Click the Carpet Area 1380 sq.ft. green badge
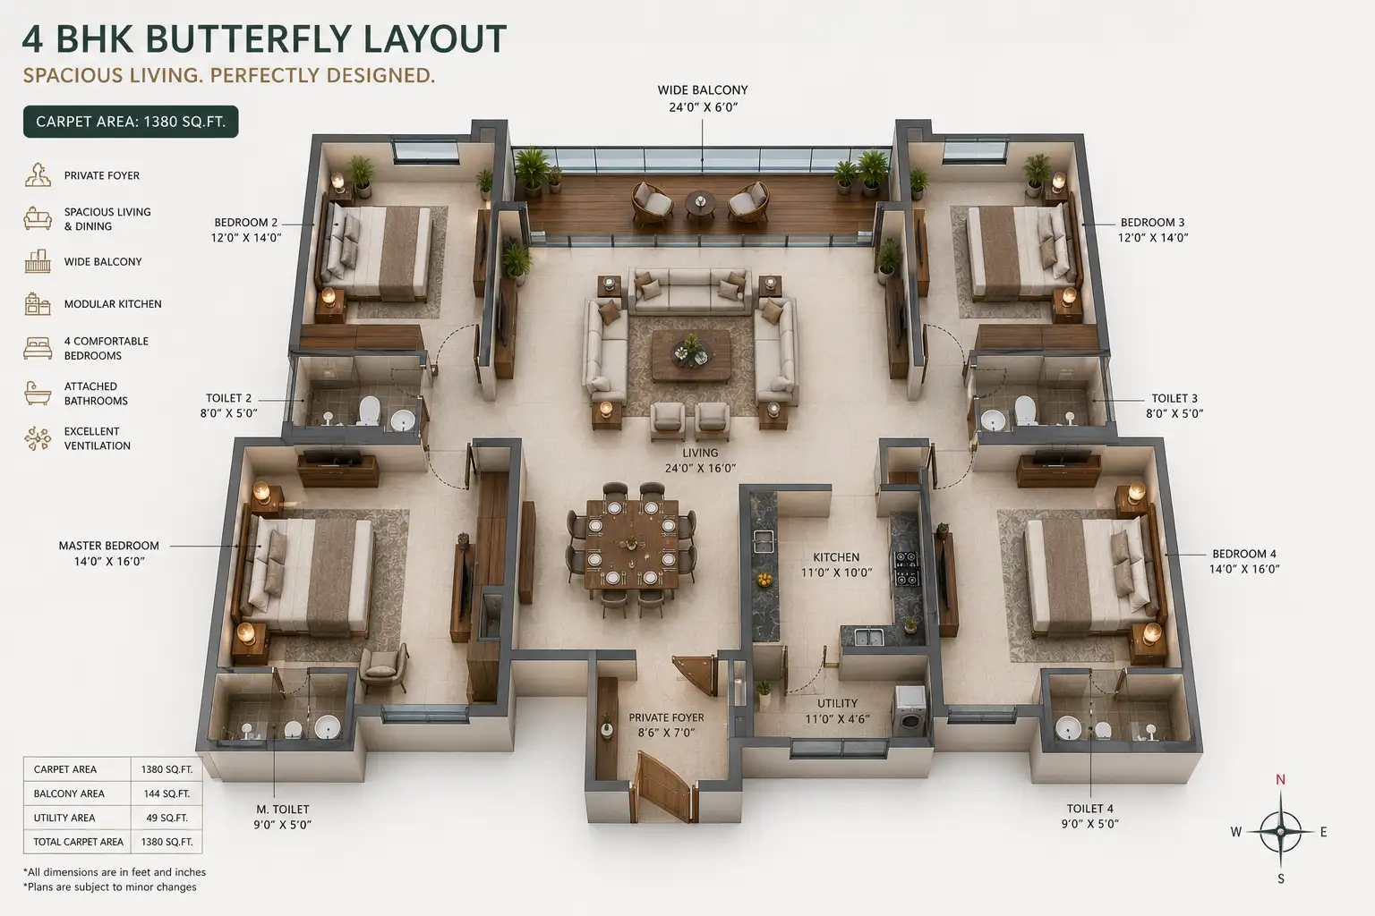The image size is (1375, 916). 131,122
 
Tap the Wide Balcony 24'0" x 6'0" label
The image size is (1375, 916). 702,98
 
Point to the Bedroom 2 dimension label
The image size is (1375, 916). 245,230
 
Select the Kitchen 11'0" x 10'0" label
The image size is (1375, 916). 836,564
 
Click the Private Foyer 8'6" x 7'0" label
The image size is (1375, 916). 666,725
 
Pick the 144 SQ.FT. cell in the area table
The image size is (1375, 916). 167,793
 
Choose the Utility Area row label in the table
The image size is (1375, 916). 64,818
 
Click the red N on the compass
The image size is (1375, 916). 1280,780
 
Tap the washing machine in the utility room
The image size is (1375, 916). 910,711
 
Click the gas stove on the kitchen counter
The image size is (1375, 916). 906,568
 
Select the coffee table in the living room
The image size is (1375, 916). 692,356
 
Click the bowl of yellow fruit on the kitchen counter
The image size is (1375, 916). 764,579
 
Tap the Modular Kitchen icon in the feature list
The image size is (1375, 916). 38,304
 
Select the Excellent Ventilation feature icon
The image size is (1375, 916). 38,438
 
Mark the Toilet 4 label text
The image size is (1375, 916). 1089,816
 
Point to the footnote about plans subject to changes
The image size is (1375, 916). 110,887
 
